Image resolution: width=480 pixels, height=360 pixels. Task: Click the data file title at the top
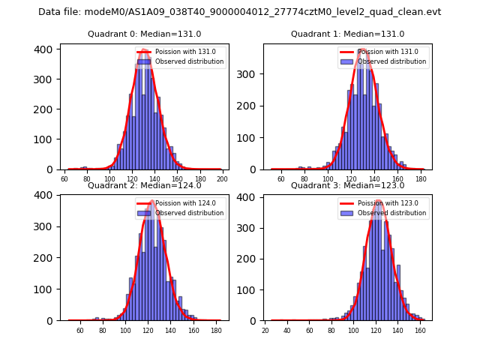pyautogui.click(x=239, y=12)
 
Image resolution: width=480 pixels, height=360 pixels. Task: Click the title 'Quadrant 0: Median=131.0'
pyautogui.click(x=145, y=34)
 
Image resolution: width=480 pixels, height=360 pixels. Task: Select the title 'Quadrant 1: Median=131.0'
pyautogui.click(x=347, y=34)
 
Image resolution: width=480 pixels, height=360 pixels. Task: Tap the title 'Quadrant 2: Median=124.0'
pyautogui.click(x=145, y=185)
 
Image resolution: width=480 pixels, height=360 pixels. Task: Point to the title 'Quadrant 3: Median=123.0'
pyautogui.click(x=347, y=185)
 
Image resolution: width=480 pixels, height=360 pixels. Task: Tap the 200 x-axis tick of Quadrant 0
pyautogui.click(x=222, y=178)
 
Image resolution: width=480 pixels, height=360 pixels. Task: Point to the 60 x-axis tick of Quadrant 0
pyautogui.click(x=64, y=178)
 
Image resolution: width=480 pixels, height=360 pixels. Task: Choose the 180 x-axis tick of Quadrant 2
pyautogui.click(x=215, y=330)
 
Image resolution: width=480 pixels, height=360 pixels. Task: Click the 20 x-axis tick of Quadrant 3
pyautogui.click(x=265, y=330)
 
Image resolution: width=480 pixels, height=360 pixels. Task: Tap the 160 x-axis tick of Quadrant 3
pyautogui.click(x=421, y=330)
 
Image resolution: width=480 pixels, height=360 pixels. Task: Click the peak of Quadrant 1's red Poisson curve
pyautogui.click(x=362, y=49)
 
